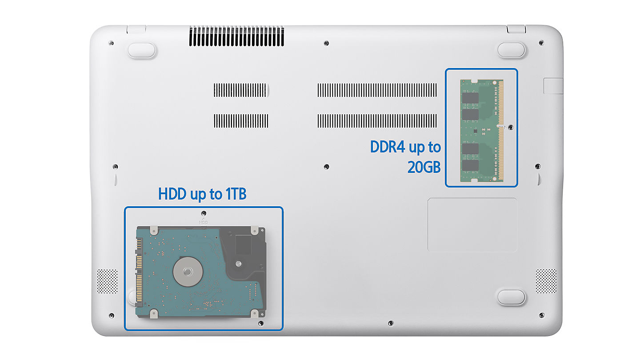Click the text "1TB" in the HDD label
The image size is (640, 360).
tap(236, 194)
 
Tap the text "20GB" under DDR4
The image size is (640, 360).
tap(424, 167)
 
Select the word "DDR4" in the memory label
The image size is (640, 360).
tap(388, 147)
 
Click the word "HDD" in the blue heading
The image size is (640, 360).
tap(172, 194)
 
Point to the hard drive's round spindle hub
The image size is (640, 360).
tap(188, 272)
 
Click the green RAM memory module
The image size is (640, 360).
tap(482, 131)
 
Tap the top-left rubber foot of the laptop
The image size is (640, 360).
tap(142, 51)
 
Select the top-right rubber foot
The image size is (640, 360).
tap(511, 50)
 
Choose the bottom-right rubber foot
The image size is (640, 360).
tap(511, 297)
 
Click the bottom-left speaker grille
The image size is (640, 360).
tap(108, 281)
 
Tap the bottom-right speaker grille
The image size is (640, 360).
tap(546, 281)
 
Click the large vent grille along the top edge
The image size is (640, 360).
tap(236, 36)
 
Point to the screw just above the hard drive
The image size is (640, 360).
tap(204, 213)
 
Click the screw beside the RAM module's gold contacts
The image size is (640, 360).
tap(511, 128)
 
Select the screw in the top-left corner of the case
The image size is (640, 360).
tap(111, 43)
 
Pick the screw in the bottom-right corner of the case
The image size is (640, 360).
tap(541, 316)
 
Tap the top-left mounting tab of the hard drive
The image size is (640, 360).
tap(154, 230)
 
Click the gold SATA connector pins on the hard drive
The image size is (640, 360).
tap(139, 272)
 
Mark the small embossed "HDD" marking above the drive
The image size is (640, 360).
tap(204, 222)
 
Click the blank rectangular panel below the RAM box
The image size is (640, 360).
tap(472, 225)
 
